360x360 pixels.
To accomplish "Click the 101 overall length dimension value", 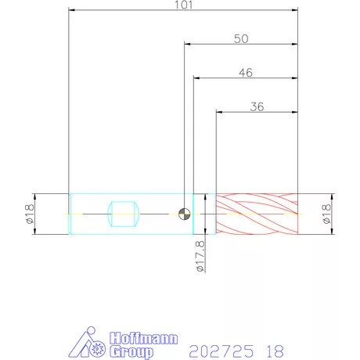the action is coord(183,5).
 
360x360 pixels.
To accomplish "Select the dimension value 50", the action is coord(241,39).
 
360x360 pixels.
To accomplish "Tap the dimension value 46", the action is coord(246,73).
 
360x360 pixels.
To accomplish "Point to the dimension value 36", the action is coord(257,106).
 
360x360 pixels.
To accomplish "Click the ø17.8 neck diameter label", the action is coord(200,256).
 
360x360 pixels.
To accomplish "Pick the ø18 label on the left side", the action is coord(30,214).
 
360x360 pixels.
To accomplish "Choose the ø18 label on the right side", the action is coord(326,214).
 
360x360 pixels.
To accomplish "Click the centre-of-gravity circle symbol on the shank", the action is coord(184,214).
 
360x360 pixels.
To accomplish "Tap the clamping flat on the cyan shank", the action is coord(123,214).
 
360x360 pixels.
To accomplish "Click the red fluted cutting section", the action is coord(257,214).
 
